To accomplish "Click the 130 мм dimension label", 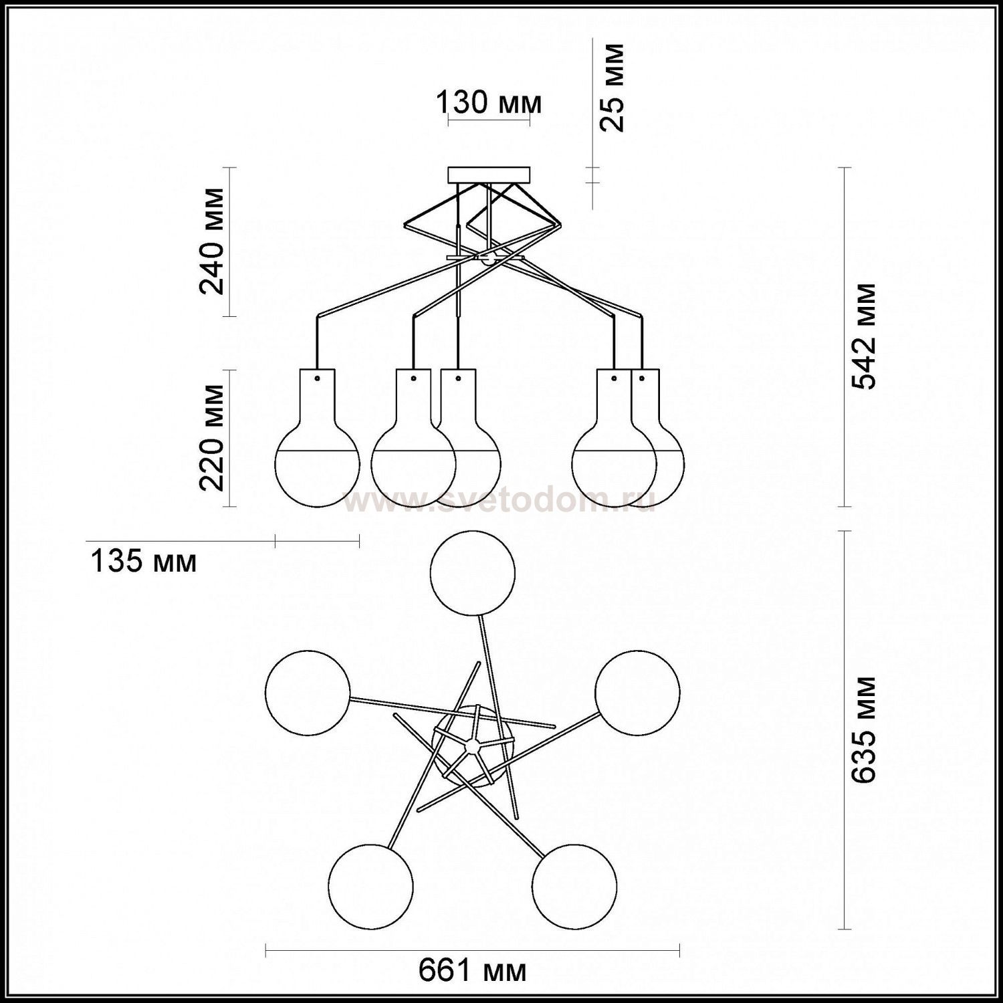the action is pyautogui.click(x=488, y=103).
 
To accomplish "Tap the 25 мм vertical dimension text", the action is pyautogui.click(x=611, y=87).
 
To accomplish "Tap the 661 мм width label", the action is pyautogui.click(x=473, y=970).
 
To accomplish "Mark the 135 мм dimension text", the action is pyautogui.click(x=144, y=562).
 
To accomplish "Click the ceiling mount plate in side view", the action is pyautogui.click(x=489, y=174).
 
